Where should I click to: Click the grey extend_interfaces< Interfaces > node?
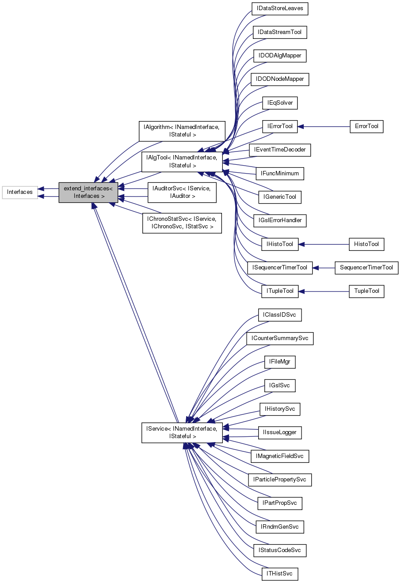click(x=88, y=192)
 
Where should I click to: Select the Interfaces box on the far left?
click(x=20, y=192)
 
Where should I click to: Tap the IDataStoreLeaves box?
click(x=279, y=9)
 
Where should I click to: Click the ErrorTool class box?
click(x=367, y=126)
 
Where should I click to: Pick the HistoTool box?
click(x=367, y=244)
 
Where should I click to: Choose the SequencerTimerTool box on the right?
click(x=367, y=268)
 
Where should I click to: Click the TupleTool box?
click(x=367, y=291)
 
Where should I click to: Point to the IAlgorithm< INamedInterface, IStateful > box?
click(x=182, y=131)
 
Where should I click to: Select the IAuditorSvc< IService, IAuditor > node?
click(x=182, y=192)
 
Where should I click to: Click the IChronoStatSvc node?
click(x=182, y=223)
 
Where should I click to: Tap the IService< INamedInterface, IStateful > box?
click(x=182, y=432)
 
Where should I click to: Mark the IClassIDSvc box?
click(x=279, y=315)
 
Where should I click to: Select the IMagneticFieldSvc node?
click(x=279, y=456)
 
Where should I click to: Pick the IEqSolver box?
click(x=279, y=103)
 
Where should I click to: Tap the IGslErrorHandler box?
click(x=279, y=220)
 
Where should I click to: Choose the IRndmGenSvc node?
click(x=279, y=526)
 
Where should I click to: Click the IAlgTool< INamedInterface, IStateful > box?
click(x=182, y=162)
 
